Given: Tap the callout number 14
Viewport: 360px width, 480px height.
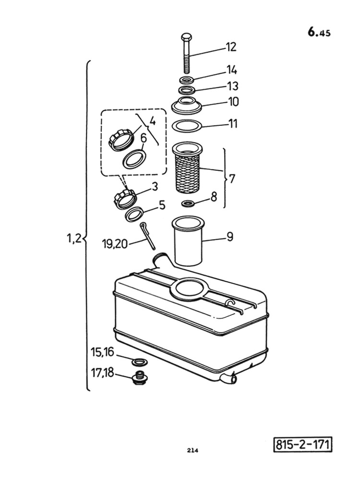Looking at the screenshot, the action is point(232,70).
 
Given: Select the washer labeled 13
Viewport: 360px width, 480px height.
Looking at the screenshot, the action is point(187,90).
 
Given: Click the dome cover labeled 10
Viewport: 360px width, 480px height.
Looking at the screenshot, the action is point(187,105).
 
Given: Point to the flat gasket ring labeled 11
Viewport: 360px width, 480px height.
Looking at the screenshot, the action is point(187,126).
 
